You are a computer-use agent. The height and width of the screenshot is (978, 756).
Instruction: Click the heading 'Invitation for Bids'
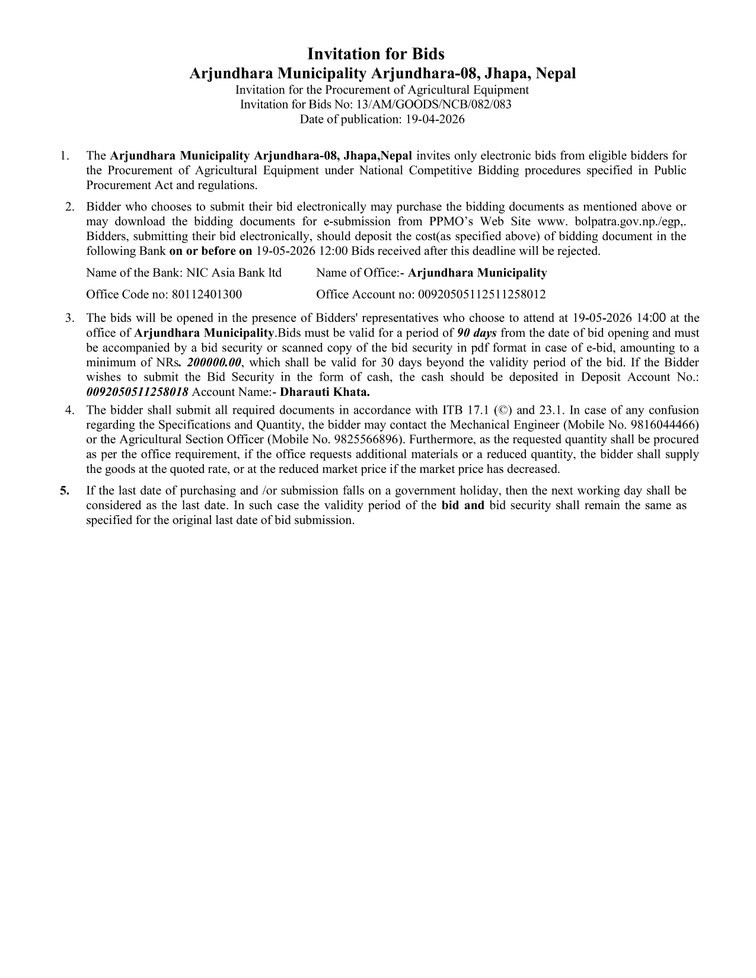tap(375, 54)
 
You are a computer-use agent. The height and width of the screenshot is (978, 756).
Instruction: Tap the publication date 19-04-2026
tap(431, 119)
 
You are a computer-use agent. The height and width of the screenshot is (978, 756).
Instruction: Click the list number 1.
tap(63, 156)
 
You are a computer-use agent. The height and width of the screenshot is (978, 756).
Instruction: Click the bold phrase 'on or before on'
tap(210, 251)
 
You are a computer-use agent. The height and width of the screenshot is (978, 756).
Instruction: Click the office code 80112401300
tap(206, 295)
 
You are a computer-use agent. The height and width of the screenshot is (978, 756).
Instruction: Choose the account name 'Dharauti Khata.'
tap(324, 392)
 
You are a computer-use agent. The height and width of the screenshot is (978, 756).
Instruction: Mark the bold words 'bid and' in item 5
tap(463, 506)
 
